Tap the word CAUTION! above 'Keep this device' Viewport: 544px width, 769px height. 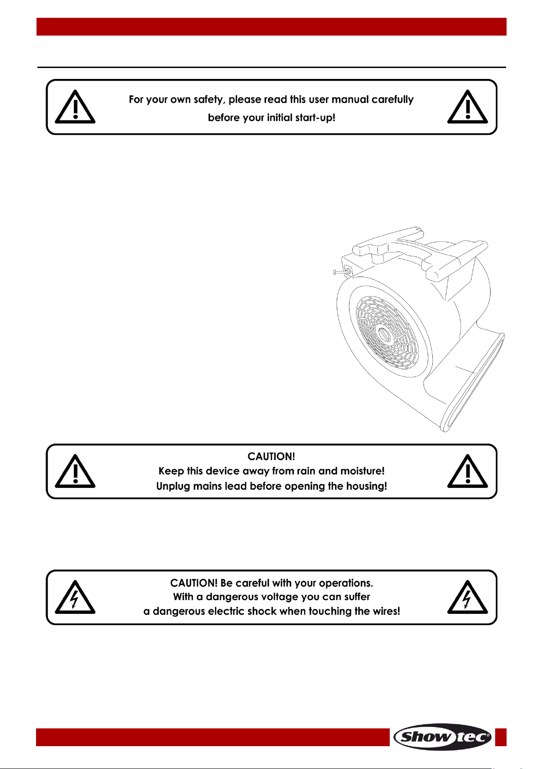(271, 456)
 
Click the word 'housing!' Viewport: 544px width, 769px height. (366, 487)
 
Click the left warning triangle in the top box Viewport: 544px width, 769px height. (75, 106)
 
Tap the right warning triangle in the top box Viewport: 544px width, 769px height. (467, 106)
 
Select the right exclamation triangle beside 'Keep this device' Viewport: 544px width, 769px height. (467, 471)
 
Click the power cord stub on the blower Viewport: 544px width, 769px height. (340, 272)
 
